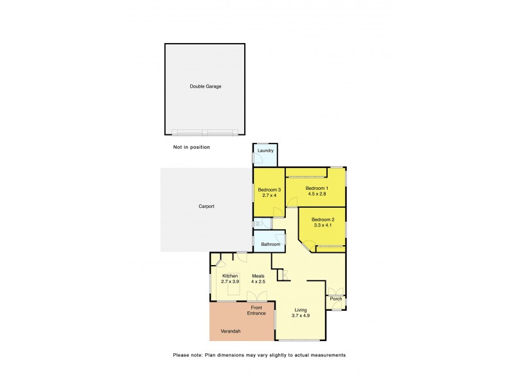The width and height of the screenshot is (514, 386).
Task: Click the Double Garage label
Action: click(x=205, y=86)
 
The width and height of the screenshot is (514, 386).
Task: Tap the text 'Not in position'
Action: click(x=191, y=147)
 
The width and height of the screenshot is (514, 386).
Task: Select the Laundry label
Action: click(x=265, y=152)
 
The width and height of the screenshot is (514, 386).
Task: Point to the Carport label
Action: click(x=206, y=207)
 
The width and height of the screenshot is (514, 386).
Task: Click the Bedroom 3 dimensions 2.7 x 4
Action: click(x=269, y=195)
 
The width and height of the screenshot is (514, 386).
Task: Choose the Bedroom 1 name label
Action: click(x=315, y=188)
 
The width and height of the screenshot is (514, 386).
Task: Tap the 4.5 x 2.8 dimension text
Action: click(x=315, y=194)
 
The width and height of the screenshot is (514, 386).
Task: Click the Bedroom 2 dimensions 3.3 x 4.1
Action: click(x=324, y=225)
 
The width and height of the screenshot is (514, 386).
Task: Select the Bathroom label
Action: click(x=270, y=244)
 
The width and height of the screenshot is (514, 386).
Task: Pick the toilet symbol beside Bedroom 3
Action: click(x=256, y=223)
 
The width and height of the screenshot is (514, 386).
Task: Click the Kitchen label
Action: click(x=229, y=276)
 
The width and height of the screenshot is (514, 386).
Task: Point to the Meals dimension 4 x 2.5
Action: click(x=258, y=282)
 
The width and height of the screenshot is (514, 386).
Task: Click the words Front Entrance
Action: click(x=256, y=310)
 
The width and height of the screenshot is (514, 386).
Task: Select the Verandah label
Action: click(x=229, y=332)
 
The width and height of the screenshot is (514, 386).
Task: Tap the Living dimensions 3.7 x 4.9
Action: click(x=301, y=315)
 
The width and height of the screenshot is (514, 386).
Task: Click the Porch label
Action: click(x=335, y=299)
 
